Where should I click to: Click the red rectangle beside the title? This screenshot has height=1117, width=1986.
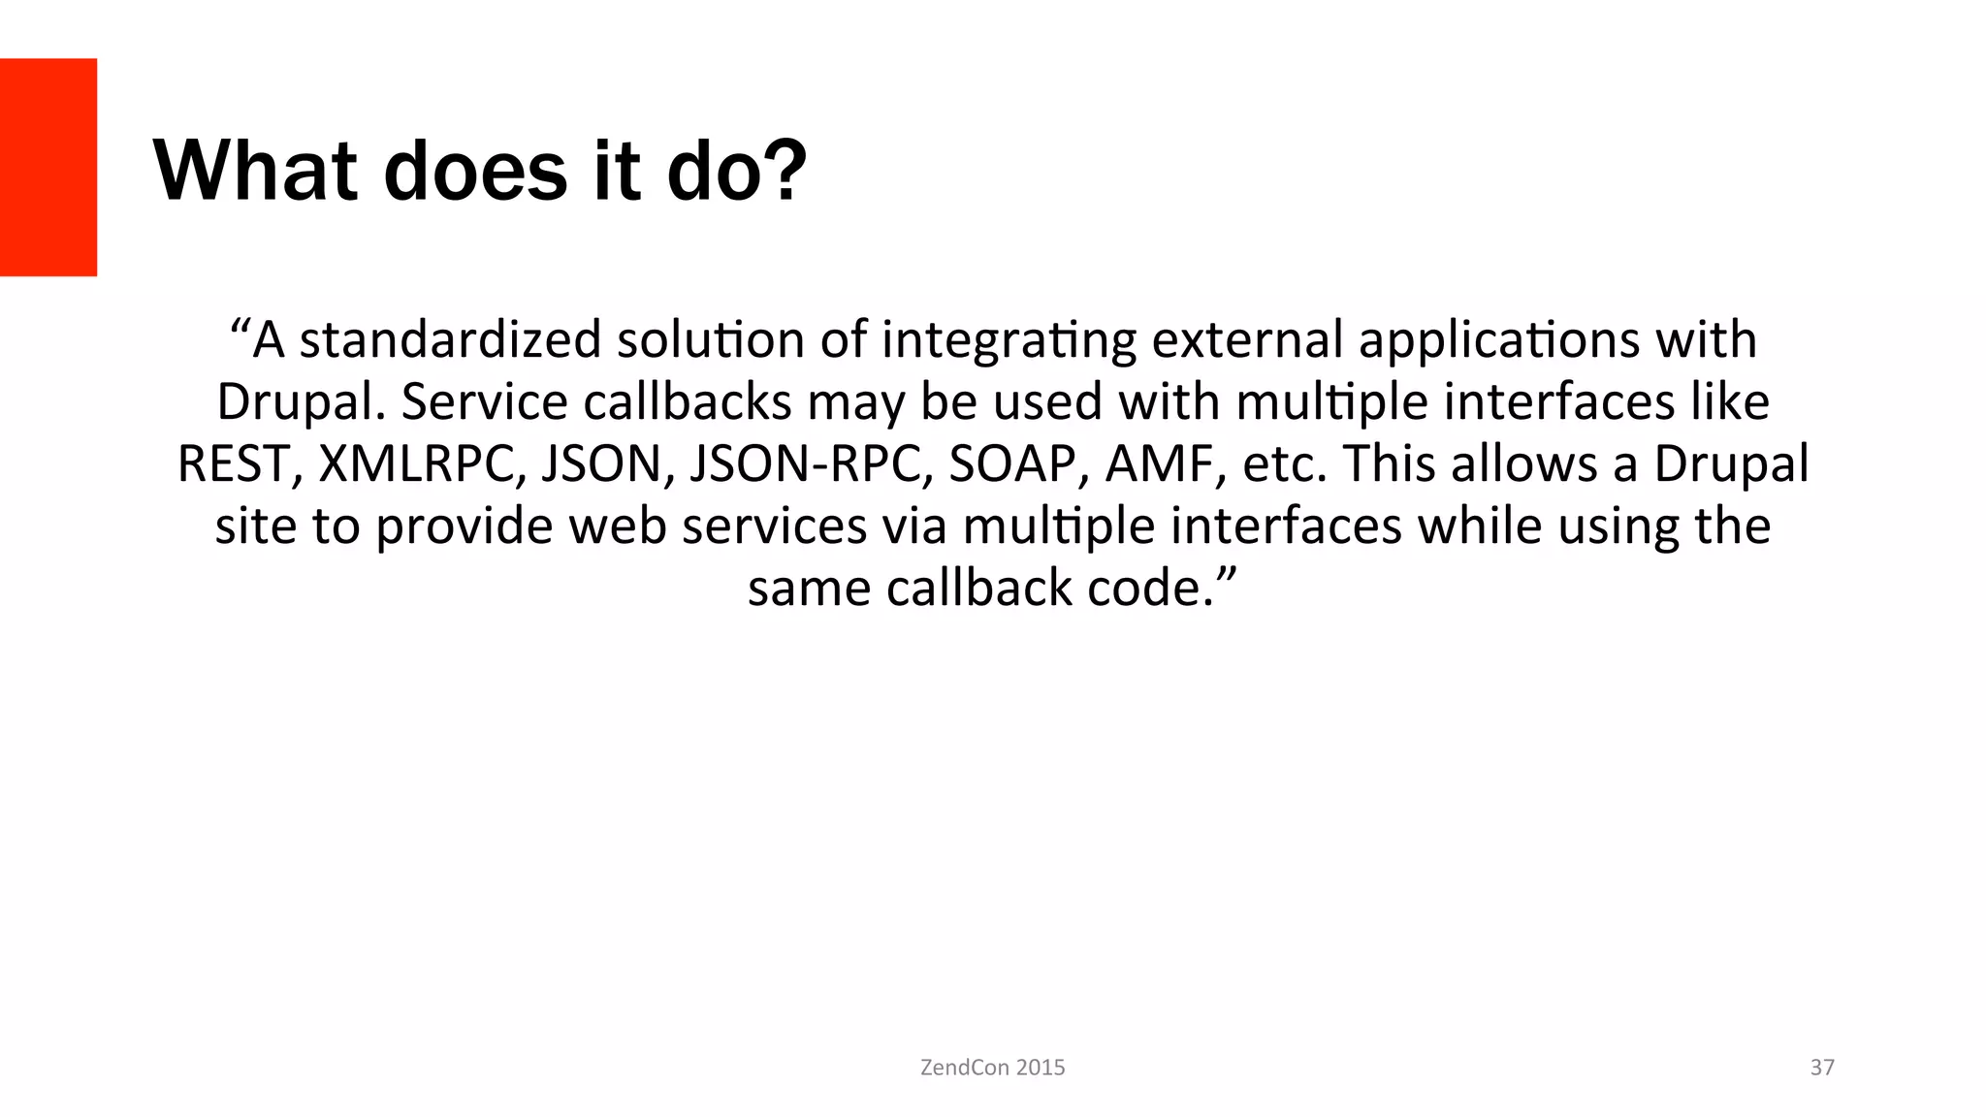48,167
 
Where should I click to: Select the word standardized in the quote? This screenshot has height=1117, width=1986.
451,340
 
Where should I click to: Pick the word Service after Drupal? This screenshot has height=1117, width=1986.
485,402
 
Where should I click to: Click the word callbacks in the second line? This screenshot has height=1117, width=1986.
688,402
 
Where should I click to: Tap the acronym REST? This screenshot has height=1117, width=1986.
234,464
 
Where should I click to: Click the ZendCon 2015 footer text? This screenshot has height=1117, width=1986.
992,1068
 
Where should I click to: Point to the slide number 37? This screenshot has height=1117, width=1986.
1822,1068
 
